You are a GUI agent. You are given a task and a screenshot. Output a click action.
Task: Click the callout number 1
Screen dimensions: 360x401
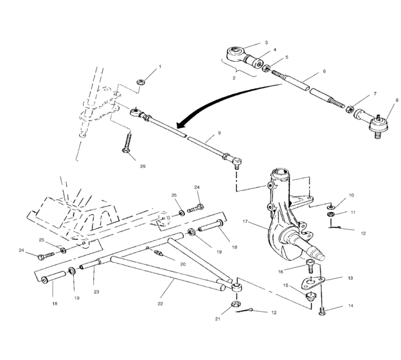click(x=160, y=67)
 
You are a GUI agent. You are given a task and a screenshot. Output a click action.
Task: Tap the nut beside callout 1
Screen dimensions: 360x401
click(x=141, y=82)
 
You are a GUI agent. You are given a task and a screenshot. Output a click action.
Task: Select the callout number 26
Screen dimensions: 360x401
click(x=143, y=166)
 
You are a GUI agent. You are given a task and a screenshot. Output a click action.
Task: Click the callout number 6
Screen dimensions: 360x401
click(x=325, y=72)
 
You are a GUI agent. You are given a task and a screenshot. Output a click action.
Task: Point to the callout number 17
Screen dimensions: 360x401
click(x=245, y=222)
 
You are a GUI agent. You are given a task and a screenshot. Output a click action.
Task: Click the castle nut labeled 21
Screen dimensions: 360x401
click(x=235, y=303)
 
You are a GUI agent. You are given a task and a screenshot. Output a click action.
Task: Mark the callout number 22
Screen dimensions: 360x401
click(x=160, y=303)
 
